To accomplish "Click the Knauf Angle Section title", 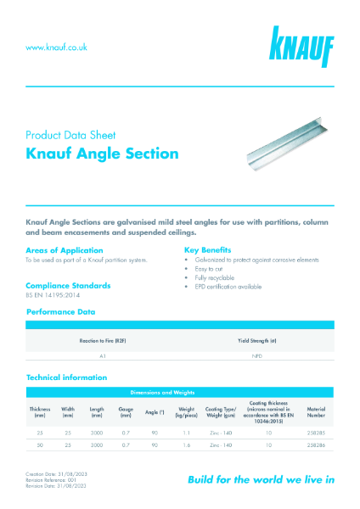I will tap(102, 154).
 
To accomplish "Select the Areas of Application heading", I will tap(65, 250).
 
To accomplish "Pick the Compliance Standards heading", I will tap(68, 285).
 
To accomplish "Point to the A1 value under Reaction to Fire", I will tap(103, 357).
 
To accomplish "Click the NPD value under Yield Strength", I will tap(256, 357).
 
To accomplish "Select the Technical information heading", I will tap(67, 377).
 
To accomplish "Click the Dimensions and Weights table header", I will tap(180, 392).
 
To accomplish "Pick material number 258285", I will tap(315, 433).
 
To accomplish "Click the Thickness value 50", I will tap(40, 444).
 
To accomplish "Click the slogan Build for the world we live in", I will tap(261, 479).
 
